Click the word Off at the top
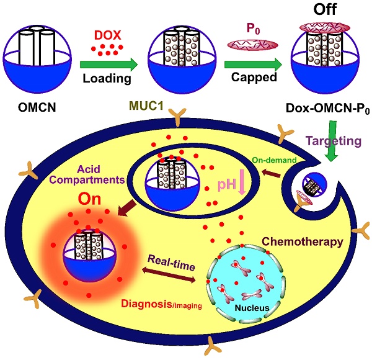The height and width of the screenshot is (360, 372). coord(325,9)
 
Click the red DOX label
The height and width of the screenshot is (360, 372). coord(107,35)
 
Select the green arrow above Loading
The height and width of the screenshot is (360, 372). coord(109,65)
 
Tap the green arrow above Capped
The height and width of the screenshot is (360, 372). coord(253,65)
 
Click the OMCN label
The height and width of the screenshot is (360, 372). coord(37,107)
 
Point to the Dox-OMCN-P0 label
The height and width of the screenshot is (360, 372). coord(328,108)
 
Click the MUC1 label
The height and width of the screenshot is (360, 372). coord(146,106)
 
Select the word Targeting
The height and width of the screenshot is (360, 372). coord(334,141)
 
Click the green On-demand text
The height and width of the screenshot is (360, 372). coord(274,160)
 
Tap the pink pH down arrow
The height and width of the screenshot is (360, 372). coord(242,182)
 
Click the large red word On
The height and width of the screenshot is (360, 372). coord(89,199)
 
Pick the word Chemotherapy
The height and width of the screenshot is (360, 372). coord(303,241)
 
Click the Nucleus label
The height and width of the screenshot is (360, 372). coord(252,308)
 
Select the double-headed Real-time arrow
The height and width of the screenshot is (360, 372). coord(169,274)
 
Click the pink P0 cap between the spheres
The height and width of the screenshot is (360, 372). coord(253,45)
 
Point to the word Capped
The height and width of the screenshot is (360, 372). coord(254,77)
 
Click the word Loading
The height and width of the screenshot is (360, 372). coord(107,78)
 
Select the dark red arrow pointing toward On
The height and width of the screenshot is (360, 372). coord(126,209)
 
